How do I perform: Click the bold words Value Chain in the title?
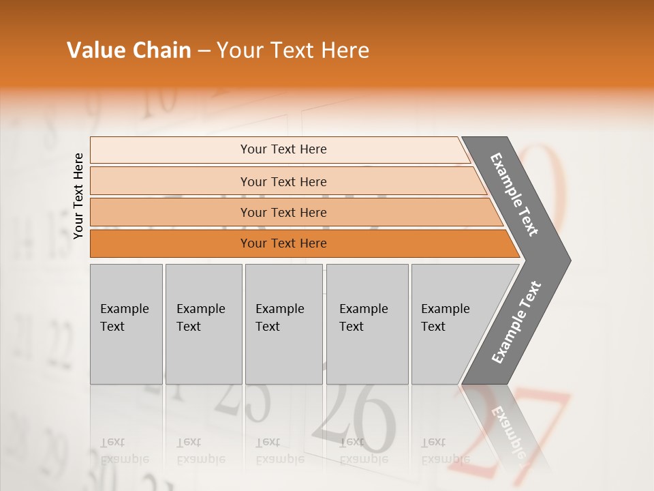click(129, 50)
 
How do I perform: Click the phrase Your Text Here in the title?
click(293, 50)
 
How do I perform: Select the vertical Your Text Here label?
click(78, 196)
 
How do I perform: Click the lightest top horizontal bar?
click(283, 149)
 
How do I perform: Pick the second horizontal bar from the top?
click(283, 181)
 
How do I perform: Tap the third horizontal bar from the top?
click(283, 212)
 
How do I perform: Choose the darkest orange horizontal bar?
click(283, 243)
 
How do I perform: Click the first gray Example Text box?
click(126, 324)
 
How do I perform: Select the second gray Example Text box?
click(203, 324)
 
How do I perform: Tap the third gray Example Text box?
click(283, 324)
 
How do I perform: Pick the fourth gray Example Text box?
click(367, 324)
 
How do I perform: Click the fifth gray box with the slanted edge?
click(450, 324)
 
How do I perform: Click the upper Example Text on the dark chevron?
click(514, 194)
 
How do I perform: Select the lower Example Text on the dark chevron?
click(516, 323)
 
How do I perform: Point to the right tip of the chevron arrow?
click(569, 260)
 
